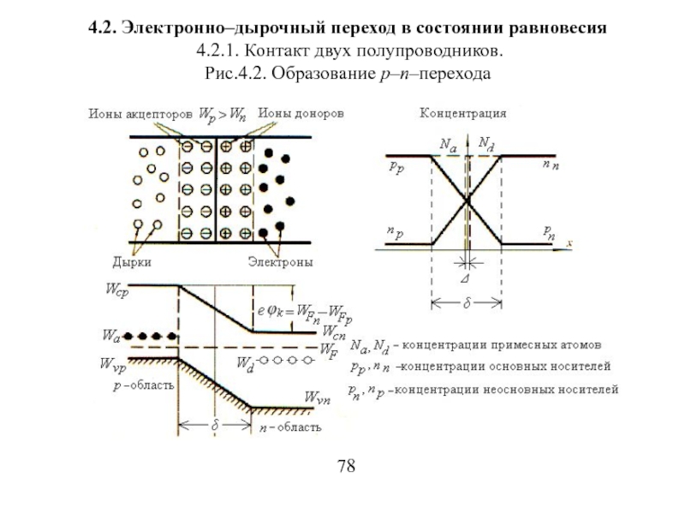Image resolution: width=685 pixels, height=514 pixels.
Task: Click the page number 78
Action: click(347, 467)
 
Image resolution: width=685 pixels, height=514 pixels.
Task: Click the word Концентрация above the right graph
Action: click(462, 112)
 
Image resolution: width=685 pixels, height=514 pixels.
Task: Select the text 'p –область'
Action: click(143, 385)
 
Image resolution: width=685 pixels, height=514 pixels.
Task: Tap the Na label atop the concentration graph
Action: click(448, 146)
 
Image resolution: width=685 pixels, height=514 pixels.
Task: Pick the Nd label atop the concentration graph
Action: click(485, 143)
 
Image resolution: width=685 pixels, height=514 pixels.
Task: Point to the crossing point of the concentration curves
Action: click(466, 201)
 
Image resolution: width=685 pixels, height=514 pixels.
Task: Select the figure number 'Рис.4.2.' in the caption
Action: click(234, 75)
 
